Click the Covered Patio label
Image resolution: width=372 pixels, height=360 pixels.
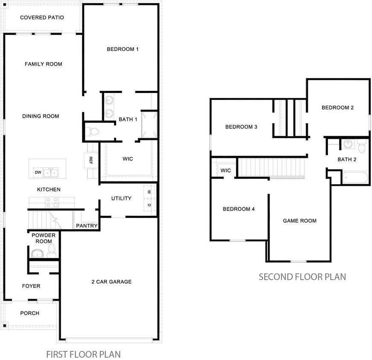click(x=42, y=17)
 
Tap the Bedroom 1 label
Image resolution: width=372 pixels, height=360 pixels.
click(x=123, y=49)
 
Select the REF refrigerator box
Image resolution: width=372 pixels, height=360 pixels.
click(x=91, y=160)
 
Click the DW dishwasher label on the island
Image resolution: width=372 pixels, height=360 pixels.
click(x=38, y=172)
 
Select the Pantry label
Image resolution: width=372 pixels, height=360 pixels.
click(x=87, y=226)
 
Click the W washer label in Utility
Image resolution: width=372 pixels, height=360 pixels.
click(x=149, y=192)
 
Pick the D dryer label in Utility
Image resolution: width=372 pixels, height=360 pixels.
click(x=149, y=205)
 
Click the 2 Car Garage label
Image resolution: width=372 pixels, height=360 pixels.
click(x=111, y=282)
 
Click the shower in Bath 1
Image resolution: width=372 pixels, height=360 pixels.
click(x=149, y=125)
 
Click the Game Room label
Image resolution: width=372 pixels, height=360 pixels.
click(x=299, y=221)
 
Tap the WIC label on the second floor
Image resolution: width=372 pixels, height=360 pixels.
click(x=226, y=171)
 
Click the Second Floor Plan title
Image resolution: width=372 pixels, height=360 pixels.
click(x=302, y=277)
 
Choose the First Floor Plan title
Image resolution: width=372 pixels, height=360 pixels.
click(x=83, y=354)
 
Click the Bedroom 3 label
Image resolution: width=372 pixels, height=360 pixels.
click(x=241, y=127)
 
